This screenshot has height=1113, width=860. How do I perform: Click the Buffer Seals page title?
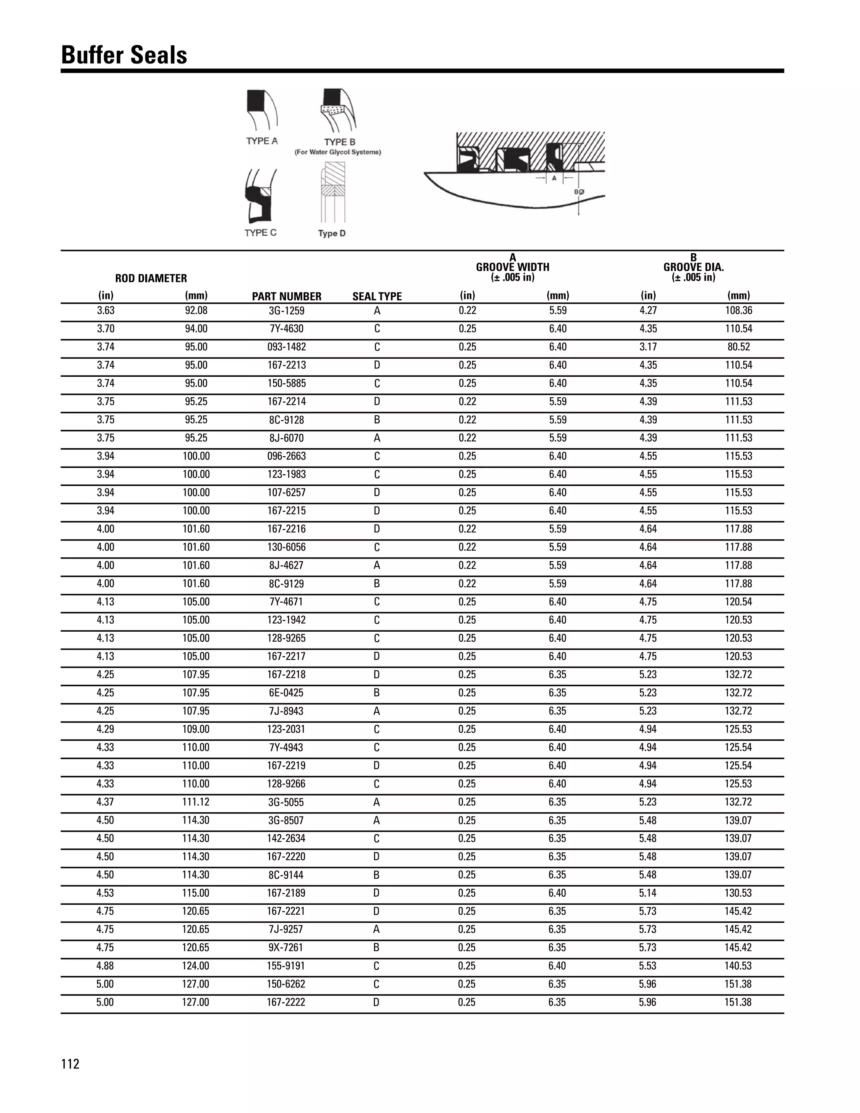point(124,55)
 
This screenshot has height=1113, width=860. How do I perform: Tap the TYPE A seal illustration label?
point(262,141)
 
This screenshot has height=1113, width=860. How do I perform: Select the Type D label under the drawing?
point(332,234)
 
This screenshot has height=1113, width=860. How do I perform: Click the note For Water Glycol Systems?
point(338,152)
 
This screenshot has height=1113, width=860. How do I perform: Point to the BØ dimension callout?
point(579,192)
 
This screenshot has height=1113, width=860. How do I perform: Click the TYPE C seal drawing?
point(261,197)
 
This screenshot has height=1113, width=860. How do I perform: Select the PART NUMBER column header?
point(286,296)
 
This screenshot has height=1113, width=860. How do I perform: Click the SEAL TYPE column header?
point(377,296)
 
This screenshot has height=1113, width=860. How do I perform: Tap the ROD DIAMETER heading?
point(151,278)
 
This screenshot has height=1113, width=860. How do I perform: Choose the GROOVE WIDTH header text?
point(513,267)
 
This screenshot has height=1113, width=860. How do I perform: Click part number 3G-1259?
point(286,311)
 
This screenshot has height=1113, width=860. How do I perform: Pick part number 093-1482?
point(286,347)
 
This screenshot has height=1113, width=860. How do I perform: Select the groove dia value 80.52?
point(738,347)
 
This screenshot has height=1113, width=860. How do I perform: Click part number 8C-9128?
point(286,420)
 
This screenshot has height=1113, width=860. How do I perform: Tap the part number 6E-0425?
point(286,693)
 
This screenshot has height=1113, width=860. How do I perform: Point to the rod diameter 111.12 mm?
point(196,802)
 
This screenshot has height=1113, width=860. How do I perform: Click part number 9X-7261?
point(286,948)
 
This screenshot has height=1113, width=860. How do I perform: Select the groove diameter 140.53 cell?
point(738,966)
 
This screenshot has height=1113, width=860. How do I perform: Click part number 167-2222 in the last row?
point(286,1003)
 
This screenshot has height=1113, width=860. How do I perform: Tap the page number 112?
point(70,1064)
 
